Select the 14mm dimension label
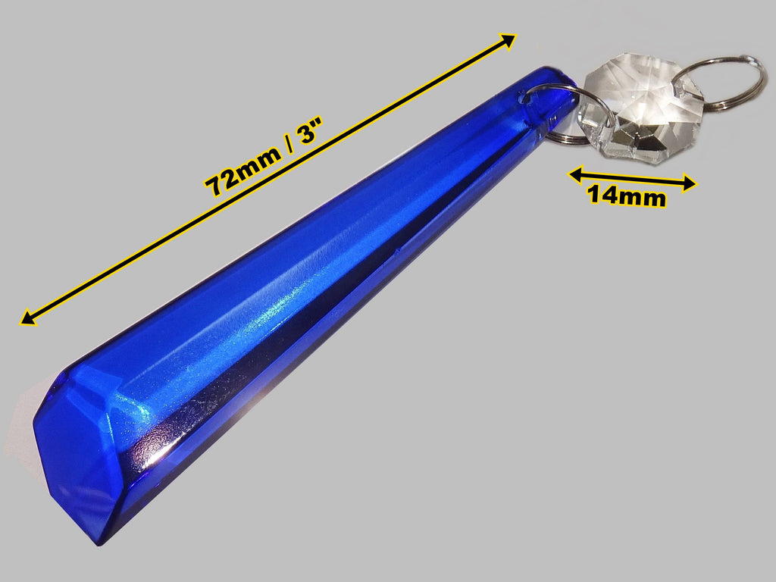[627, 196]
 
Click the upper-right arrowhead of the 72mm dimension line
[507, 41]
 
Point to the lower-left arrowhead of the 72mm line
[28, 318]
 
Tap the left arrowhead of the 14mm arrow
[577, 174]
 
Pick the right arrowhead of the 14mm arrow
[688, 183]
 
